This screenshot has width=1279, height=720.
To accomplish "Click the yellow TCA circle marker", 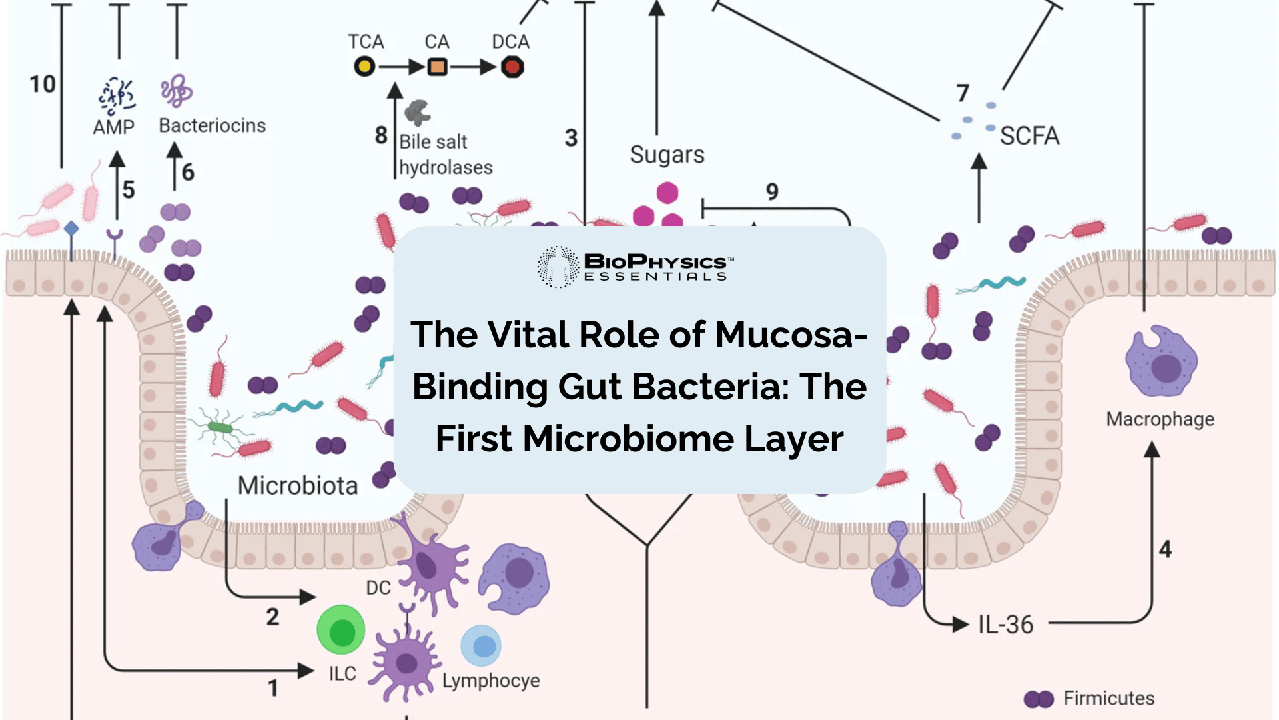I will [364, 67].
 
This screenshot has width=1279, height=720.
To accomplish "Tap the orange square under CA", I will [437, 67].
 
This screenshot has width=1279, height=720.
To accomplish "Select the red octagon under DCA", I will [512, 67].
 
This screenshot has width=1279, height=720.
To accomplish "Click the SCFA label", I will [1029, 136].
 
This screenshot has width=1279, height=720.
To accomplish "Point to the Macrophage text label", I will [1160, 419].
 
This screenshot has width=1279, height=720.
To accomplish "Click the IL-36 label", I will [1005, 625].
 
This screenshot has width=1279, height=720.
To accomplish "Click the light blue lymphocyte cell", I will [481, 645].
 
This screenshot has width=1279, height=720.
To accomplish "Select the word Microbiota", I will [298, 485].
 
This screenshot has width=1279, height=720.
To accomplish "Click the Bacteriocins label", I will [212, 125].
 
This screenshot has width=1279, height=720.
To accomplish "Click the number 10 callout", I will [42, 84].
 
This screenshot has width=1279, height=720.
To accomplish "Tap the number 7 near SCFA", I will [962, 93].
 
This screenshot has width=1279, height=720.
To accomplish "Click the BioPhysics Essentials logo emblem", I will [558, 267].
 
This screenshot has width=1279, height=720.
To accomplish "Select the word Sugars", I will [667, 155].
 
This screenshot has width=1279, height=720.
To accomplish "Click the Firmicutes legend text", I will [1108, 698].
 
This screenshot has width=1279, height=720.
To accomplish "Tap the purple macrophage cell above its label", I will [1160, 363].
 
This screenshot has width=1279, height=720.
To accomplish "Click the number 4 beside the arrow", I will [1164, 549].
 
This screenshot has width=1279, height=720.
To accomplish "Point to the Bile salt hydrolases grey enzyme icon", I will [418, 113].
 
